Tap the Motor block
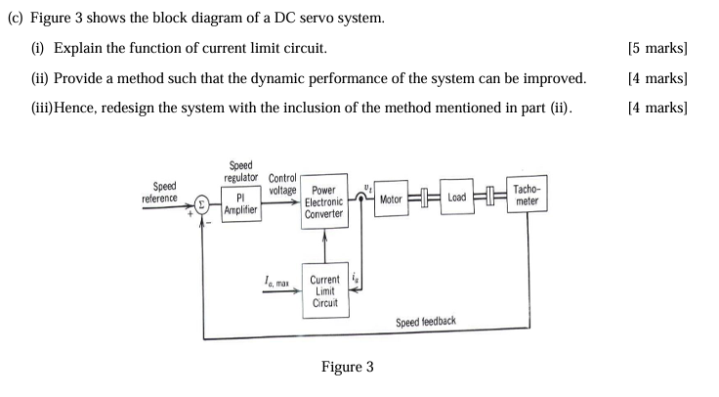391,198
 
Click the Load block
456,198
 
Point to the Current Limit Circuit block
324,291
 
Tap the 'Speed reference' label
160,192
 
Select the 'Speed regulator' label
239,171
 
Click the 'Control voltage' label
282,185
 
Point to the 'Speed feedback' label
425,322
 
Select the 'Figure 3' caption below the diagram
347,368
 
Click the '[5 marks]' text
660,48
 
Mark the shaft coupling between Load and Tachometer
490,198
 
